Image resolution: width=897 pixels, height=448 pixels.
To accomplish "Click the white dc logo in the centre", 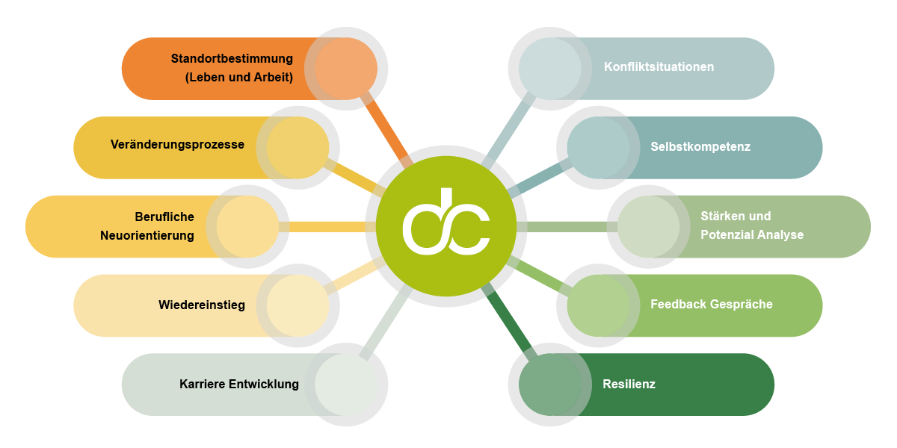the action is [446, 221].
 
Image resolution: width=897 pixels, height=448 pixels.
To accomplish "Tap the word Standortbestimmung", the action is [232, 58].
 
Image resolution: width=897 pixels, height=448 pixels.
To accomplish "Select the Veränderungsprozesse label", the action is [177, 144].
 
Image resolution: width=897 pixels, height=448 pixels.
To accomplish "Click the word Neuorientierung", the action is [147, 236].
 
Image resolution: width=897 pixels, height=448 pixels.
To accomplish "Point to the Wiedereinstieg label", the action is [202, 305].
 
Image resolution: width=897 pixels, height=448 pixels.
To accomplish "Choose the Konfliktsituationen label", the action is [659, 66].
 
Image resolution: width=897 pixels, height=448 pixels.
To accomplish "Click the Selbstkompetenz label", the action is [700, 147].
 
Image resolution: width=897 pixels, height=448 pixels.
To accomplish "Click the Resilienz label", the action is [629, 384].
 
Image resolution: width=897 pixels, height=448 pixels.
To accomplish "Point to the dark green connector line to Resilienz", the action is [507, 322].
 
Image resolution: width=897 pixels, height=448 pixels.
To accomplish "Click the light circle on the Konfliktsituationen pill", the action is [550, 69].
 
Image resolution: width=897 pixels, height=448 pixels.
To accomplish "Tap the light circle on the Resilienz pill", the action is [550, 385].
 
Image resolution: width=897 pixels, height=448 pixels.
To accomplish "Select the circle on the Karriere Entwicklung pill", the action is [346, 385].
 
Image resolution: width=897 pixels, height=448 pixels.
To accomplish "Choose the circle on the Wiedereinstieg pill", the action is [298, 305].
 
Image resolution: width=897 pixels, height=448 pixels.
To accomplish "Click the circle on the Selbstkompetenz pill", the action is [598, 148].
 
